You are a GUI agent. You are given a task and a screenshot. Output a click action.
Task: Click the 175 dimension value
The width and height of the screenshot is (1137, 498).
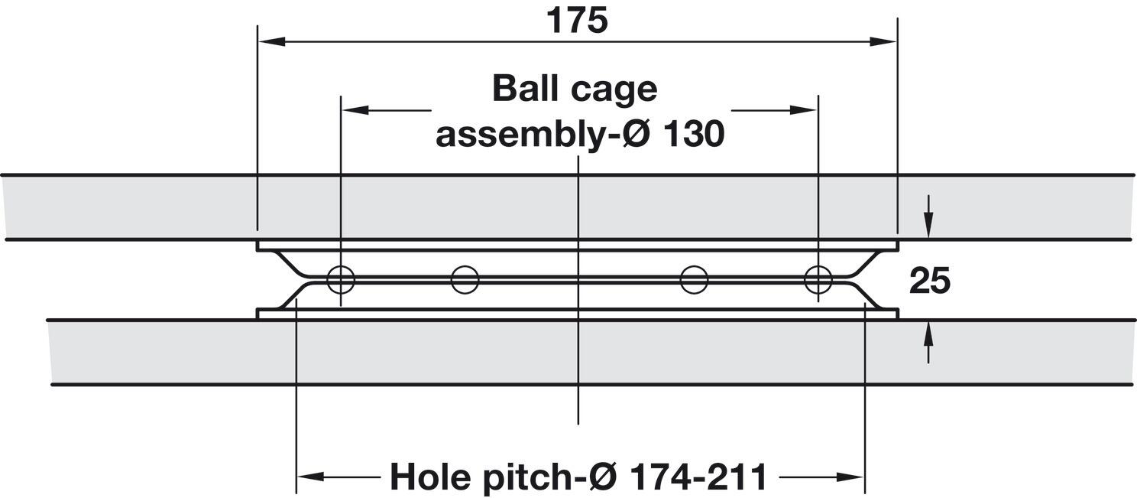pyautogui.click(x=577, y=21)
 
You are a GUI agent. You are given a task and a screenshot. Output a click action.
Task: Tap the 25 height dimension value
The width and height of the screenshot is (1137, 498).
pyautogui.click(x=929, y=281)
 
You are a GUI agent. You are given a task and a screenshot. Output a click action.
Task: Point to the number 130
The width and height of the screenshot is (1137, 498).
pyautogui.click(x=693, y=135)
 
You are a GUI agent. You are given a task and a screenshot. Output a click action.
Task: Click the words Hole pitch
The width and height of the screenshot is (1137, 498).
pyautogui.click(x=481, y=476)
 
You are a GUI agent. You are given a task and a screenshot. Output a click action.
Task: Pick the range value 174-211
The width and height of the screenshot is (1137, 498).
pyautogui.click(x=698, y=476)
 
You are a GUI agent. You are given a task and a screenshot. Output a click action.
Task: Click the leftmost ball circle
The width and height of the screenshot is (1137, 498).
pyautogui.click(x=341, y=279)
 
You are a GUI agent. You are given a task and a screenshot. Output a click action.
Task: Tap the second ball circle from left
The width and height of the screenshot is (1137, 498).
pyautogui.click(x=465, y=279)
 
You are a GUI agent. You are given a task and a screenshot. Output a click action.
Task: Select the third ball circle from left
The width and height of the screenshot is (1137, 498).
pyautogui.click(x=694, y=279)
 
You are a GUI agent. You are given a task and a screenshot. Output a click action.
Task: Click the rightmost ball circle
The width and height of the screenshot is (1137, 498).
pyautogui.click(x=818, y=279)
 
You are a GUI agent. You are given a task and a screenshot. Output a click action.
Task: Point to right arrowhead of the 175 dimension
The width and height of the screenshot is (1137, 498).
pyautogui.click(x=883, y=41)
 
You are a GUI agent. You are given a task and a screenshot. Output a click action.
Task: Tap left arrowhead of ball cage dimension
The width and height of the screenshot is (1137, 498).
pyautogui.click(x=355, y=109)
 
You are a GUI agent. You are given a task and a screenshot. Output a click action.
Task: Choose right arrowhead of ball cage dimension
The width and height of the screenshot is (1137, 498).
pyautogui.click(x=804, y=109)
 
